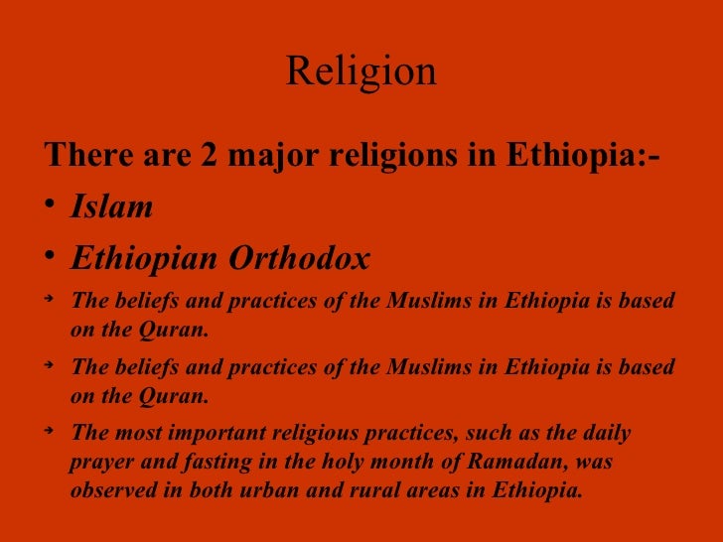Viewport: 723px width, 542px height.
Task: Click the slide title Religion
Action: (x=361, y=71)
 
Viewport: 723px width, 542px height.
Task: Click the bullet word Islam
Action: (x=111, y=206)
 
